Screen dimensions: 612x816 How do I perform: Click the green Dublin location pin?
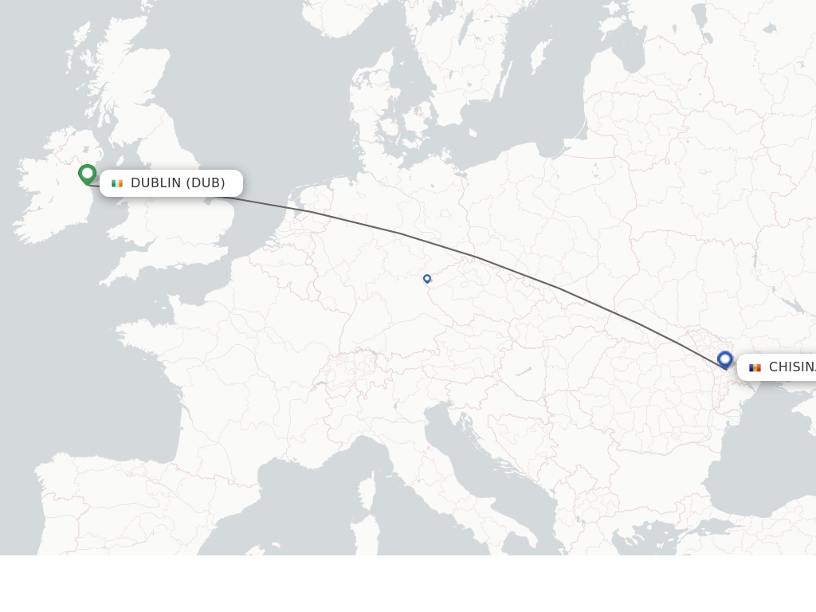[x=87, y=174]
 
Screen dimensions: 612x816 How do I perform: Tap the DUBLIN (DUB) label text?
[x=178, y=183]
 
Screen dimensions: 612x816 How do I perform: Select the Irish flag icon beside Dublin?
[x=117, y=183]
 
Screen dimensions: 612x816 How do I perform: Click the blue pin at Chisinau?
[x=724, y=359]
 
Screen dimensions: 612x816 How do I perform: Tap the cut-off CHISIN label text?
[x=791, y=367]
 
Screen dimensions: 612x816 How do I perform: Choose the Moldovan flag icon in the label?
[x=755, y=367]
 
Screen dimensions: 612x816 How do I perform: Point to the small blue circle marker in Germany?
[x=427, y=279]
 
